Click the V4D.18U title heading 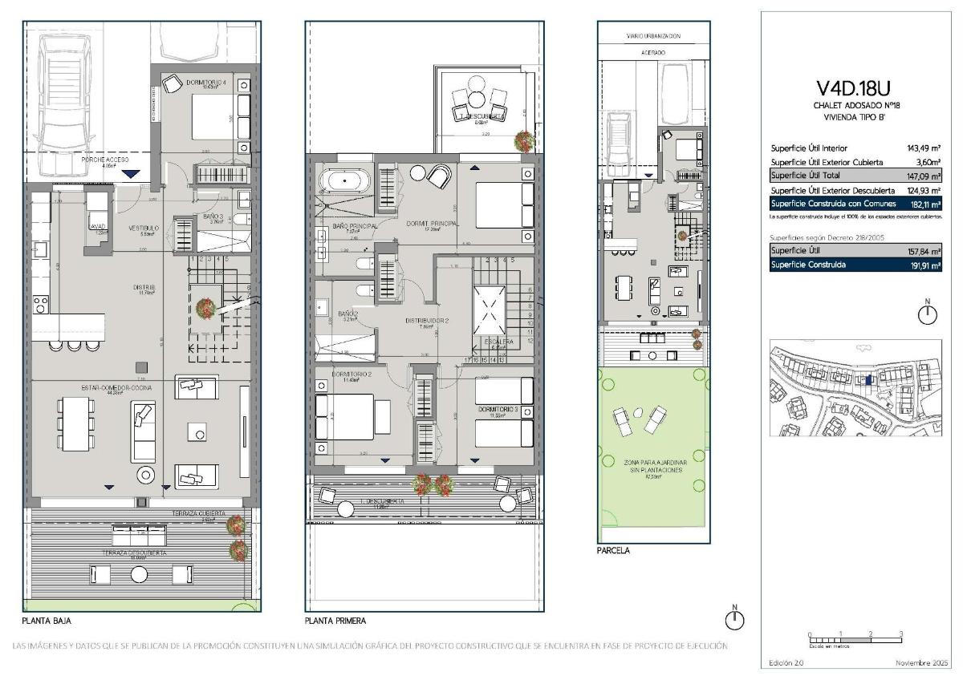tap(853, 87)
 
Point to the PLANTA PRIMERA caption tap(335, 621)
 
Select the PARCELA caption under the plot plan tap(613, 551)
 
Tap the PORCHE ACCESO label tap(106, 160)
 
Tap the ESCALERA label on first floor tap(498, 342)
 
